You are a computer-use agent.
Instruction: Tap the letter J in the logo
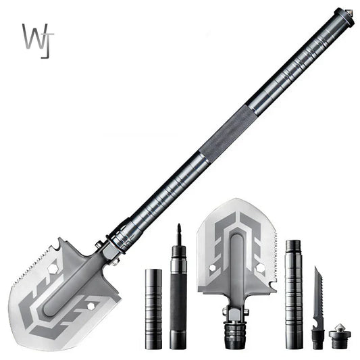pos(46,42)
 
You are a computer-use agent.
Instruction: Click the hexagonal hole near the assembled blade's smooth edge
pos(89,309)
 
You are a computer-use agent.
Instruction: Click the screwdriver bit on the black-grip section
pos(179,234)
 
